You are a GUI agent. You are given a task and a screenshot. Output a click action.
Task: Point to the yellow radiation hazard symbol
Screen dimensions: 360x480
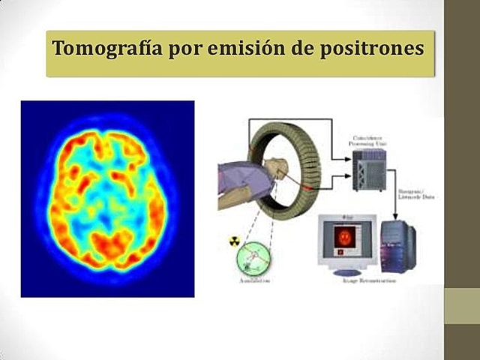coord(233,241)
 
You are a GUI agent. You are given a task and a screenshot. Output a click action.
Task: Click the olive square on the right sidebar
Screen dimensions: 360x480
coord(461,307)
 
